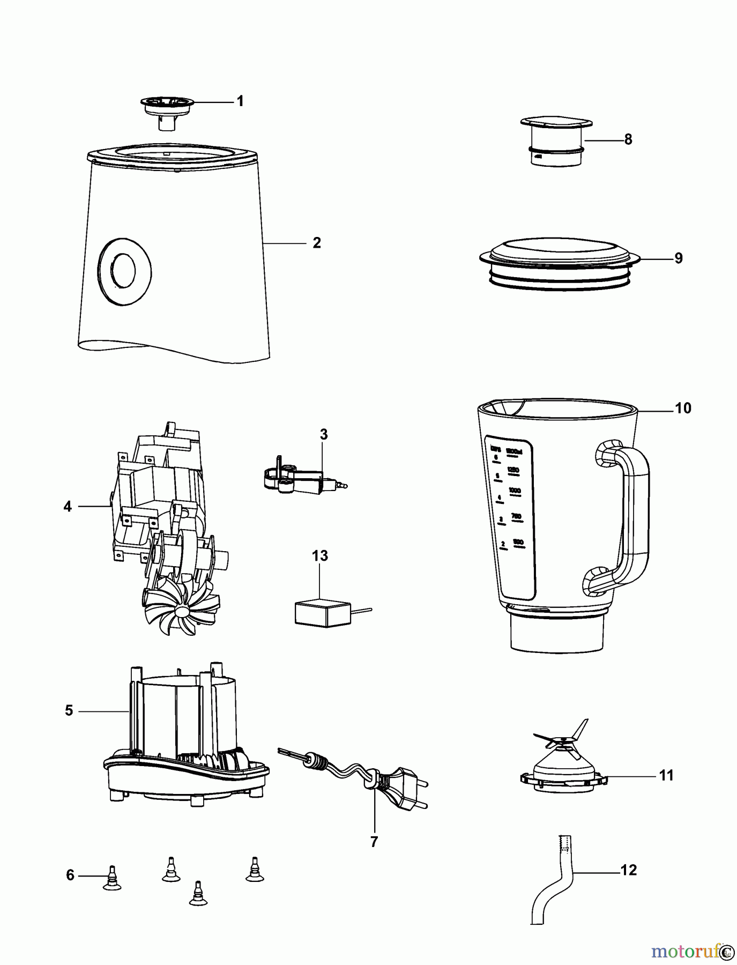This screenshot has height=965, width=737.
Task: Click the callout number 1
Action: pos(240,101)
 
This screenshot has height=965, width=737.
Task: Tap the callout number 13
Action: pos(320,556)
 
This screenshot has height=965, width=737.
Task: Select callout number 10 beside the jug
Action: pos(683,409)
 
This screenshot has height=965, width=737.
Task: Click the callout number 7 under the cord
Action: pos(374,842)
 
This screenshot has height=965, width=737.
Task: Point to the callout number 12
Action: pos(628,870)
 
